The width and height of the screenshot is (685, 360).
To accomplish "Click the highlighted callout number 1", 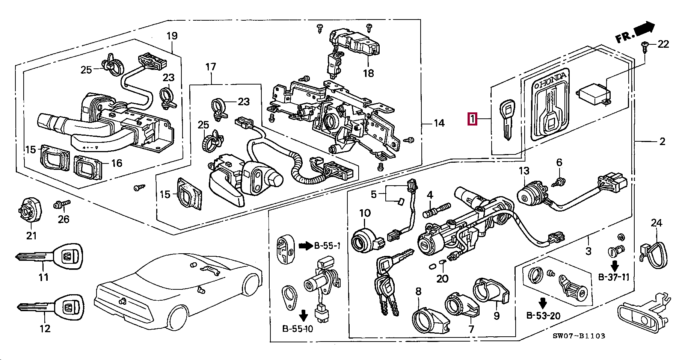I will [x=472, y=119].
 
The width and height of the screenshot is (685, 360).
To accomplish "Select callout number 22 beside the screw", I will [x=663, y=44].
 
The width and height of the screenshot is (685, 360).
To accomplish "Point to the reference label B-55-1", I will [x=327, y=246].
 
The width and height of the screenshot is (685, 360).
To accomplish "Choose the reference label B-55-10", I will [x=297, y=329].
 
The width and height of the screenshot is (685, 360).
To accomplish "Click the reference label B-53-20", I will [x=543, y=316].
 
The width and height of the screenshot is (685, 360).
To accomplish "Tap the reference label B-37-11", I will [x=613, y=277].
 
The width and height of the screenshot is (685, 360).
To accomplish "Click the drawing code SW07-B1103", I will [x=579, y=336].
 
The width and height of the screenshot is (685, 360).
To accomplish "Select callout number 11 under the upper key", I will [x=44, y=277].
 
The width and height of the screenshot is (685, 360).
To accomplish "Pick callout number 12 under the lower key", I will [x=45, y=328].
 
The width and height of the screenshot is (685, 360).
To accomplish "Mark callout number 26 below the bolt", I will [x=63, y=219].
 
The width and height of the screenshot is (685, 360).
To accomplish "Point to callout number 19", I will [x=172, y=36].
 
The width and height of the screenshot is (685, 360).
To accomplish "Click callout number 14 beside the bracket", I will [x=439, y=123].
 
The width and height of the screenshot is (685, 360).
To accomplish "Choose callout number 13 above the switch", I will [x=524, y=171].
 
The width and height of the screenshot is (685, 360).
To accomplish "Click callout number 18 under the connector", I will [x=368, y=73].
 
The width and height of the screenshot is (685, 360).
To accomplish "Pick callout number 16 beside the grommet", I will [x=117, y=163].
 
